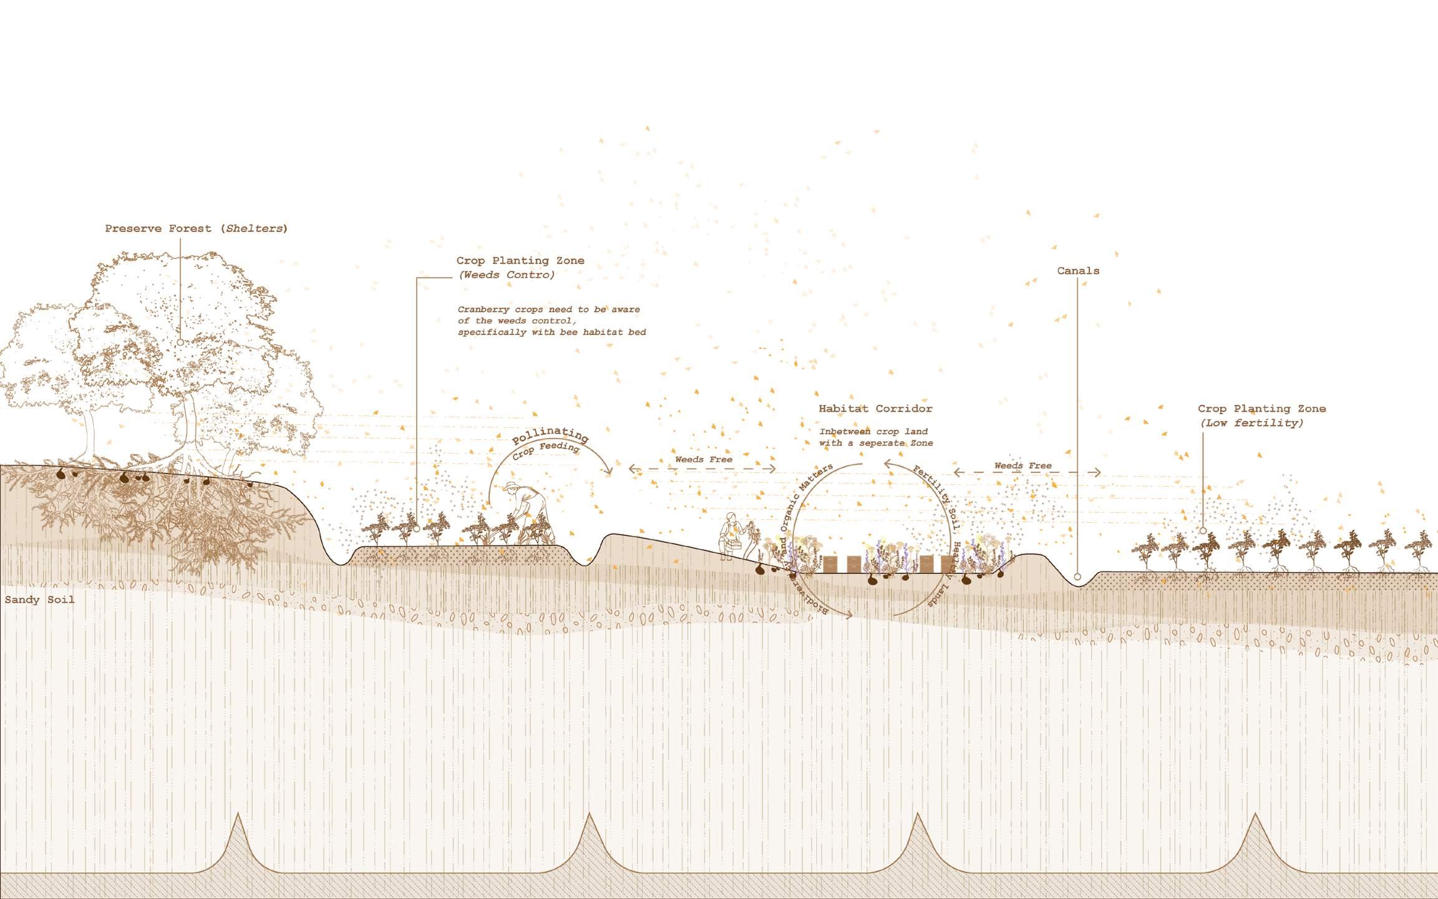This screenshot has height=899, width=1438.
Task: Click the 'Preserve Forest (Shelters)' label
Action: click(196, 228)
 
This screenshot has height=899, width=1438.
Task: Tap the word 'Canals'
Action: click(1078, 271)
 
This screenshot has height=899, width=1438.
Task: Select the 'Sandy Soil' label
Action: click(40, 600)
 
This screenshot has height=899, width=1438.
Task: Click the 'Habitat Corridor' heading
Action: click(875, 409)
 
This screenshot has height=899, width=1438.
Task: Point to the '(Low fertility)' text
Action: click(1251, 423)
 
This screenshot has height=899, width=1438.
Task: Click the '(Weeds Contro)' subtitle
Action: click(507, 275)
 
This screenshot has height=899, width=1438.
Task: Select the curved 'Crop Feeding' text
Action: click(547, 450)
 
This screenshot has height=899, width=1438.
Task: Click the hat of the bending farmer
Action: click(512, 487)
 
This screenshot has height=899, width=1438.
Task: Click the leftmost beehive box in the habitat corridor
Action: click(830, 564)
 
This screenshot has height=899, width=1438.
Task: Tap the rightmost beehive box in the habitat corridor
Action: click(947, 564)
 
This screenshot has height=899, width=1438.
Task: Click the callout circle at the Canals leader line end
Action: click(1077, 577)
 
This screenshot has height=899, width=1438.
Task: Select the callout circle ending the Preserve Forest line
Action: click(180, 343)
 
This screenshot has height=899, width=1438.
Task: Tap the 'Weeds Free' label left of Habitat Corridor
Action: click(704, 460)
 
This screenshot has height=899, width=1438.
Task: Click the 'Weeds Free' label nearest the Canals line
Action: click(1023, 466)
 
